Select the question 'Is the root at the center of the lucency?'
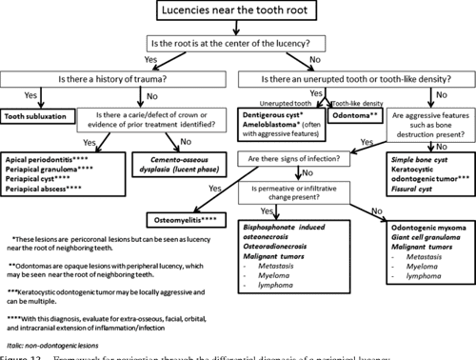[x=239, y=45]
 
